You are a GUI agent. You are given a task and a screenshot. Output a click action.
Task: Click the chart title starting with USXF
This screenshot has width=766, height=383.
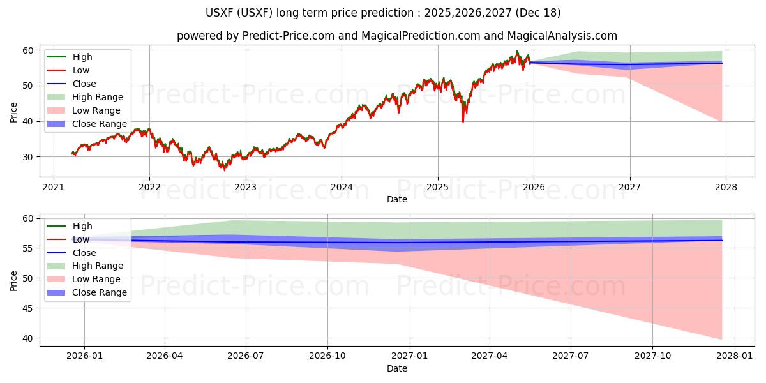383,13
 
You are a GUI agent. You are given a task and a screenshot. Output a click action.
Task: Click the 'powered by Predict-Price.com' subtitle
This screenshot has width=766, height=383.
396,36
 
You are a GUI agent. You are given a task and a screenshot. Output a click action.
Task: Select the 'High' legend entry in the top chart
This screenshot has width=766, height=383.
82,57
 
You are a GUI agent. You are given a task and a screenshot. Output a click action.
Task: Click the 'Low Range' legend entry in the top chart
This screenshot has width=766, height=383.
96,110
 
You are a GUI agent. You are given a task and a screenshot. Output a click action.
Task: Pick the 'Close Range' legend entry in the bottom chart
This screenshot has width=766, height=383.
99,292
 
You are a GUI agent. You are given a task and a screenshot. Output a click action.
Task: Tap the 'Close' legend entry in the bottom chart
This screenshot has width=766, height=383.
84,253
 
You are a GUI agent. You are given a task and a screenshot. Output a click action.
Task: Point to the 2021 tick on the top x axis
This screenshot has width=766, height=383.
54,187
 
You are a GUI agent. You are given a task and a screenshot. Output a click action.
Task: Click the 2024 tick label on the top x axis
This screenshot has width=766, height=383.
342,187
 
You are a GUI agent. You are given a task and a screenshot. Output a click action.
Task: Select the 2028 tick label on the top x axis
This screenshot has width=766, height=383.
726,187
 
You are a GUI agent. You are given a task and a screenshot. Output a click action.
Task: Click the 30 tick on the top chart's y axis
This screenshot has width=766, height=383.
28,157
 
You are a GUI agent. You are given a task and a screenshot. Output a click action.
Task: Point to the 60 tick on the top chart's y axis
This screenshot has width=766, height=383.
28,50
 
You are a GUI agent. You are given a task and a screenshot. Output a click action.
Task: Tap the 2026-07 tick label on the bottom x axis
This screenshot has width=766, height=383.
246,356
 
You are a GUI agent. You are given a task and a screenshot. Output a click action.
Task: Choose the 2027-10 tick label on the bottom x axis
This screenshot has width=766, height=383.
653,356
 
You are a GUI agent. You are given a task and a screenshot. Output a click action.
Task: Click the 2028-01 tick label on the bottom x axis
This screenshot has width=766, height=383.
735,356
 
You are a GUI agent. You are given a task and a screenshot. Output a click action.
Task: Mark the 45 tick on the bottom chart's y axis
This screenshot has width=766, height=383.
28,308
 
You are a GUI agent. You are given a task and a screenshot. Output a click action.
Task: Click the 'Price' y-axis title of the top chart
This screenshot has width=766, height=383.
14,112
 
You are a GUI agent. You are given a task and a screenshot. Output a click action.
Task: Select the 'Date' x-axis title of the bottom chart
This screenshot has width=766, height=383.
396,368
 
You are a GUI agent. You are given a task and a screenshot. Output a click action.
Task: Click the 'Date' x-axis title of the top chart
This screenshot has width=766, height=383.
396,199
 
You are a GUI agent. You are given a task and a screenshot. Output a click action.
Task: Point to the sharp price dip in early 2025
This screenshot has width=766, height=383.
463,121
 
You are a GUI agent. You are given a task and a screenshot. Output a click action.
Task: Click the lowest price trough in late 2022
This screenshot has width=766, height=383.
223,170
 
